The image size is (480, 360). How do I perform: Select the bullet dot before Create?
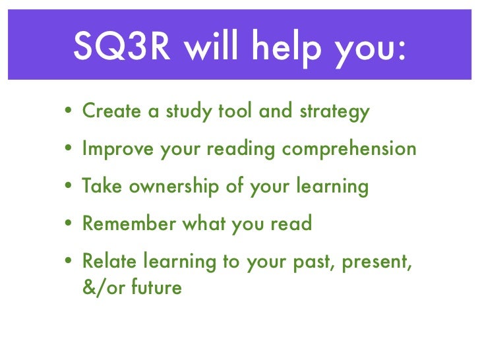point(69,113)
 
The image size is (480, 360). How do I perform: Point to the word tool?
point(233,111)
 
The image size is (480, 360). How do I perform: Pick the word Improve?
point(117,150)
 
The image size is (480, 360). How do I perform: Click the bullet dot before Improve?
point(69,150)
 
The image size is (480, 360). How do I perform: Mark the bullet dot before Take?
point(69,188)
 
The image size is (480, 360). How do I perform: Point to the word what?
point(204,224)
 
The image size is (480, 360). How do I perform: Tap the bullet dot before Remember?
point(69,225)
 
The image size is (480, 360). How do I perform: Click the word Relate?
point(107,262)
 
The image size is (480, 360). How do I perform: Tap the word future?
point(159,288)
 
